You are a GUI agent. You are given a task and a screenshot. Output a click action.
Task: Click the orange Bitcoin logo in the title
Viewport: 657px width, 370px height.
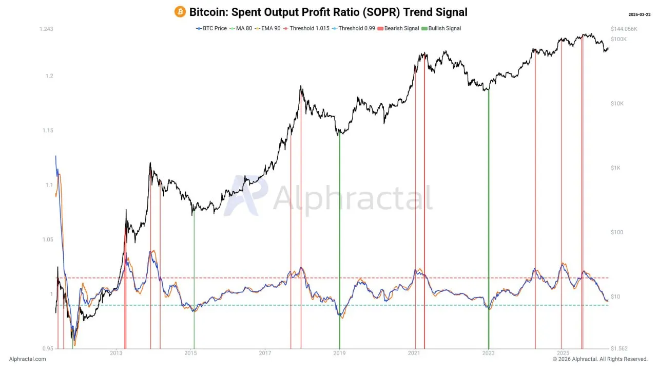click(180, 12)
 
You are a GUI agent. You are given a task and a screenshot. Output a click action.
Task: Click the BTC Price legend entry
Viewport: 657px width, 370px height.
click(212, 28)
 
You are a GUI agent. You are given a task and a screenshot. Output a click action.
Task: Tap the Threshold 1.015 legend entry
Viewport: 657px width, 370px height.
click(306, 28)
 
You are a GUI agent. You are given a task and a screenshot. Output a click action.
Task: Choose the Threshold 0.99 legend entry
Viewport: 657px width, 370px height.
click(355, 28)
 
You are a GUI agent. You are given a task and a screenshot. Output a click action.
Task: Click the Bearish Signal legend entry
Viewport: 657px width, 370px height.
click(399, 28)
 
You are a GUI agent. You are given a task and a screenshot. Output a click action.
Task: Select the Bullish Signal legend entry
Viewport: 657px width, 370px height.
click(442, 28)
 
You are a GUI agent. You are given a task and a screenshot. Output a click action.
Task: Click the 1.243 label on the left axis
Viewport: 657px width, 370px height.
click(46, 29)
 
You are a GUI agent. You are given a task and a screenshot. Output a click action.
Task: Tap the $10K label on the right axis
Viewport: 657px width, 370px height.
click(617, 104)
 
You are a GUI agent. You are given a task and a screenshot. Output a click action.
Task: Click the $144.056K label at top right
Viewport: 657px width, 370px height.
click(624, 29)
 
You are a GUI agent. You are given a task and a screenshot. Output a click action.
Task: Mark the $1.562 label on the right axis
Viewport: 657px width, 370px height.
click(619, 348)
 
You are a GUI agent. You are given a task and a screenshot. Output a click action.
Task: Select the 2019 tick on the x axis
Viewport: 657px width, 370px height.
click(339, 353)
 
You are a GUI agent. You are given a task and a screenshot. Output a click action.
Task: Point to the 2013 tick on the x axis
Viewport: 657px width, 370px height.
click(116, 353)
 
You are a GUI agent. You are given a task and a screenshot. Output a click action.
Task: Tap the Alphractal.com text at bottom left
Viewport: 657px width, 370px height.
click(28, 359)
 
